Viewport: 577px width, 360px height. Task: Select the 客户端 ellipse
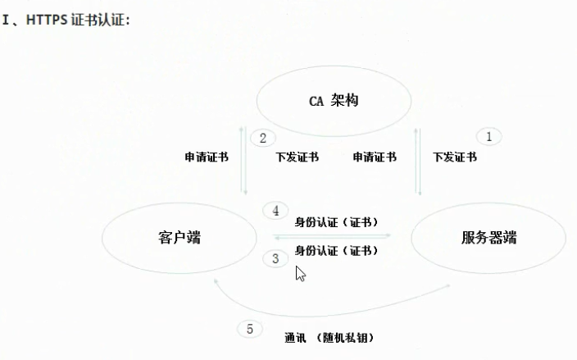178,238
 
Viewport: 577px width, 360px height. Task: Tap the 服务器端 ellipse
488,238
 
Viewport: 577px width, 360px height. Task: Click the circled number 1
488,136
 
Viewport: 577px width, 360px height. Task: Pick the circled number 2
262,138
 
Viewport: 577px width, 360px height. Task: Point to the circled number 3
275,258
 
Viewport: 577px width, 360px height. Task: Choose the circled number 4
275,211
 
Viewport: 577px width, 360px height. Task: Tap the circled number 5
250,329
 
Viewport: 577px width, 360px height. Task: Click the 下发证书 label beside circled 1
454,157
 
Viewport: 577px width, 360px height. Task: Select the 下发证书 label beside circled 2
297,157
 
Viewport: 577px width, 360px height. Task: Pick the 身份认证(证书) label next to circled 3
336,250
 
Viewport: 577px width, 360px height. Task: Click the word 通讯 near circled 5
295,337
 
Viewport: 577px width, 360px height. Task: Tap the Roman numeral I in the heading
6,19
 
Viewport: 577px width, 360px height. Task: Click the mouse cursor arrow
300,273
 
